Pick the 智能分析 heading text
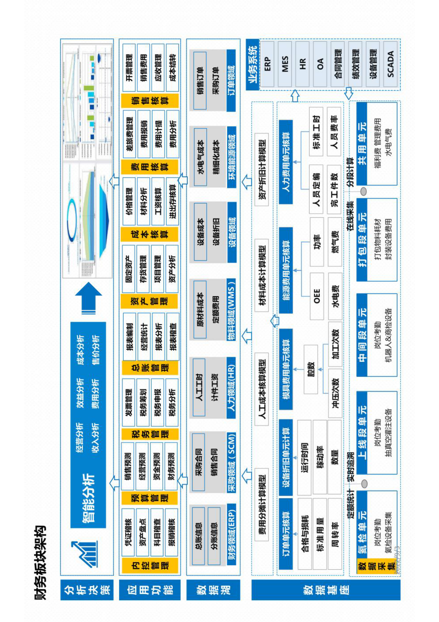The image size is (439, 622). coord(88,499)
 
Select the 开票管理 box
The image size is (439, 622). coord(129,68)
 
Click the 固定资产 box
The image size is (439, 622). coord(129,269)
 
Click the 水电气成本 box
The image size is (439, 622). coord(200,157)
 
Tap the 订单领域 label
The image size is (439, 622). coord(231,80)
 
